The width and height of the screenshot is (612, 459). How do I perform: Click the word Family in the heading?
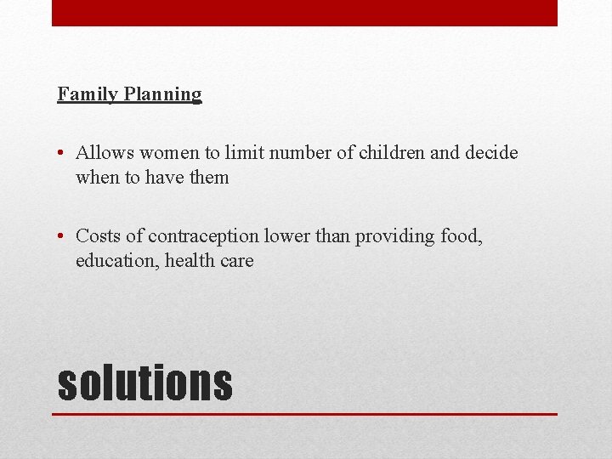tap(88, 94)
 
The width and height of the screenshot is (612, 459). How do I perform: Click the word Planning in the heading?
tap(162, 94)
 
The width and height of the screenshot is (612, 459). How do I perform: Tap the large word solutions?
tap(144, 382)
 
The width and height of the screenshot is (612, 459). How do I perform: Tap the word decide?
tap(490, 153)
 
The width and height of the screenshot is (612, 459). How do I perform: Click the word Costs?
tap(96, 235)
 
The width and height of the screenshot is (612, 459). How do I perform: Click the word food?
tap(461, 235)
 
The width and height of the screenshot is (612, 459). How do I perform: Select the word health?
tap(190, 260)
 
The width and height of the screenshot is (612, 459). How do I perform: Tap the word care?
tap(237, 261)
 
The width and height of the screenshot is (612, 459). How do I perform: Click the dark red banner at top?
tap(304, 13)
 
